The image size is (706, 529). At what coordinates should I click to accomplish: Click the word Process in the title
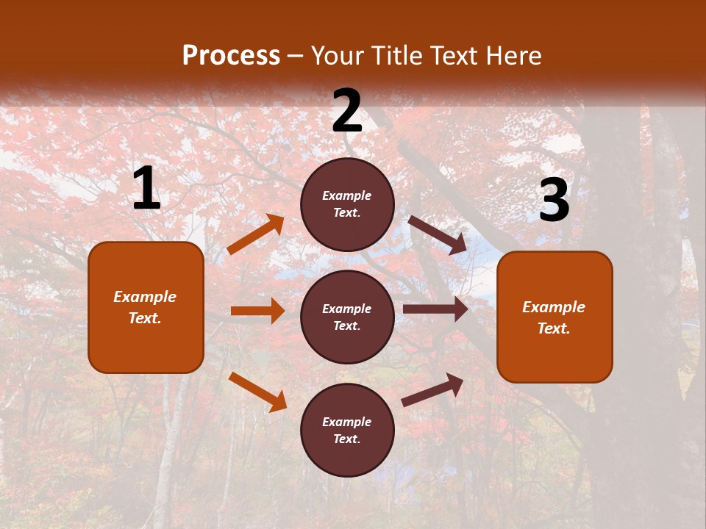(x=231, y=55)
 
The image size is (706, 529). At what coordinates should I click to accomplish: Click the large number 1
(x=146, y=190)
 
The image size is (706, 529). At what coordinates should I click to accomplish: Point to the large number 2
(x=347, y=111)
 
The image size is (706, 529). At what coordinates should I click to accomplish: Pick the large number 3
(x=555, y=201)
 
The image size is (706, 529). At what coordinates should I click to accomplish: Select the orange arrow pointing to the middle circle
(x=257, y=311)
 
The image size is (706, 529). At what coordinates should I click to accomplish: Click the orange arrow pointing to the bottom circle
(x=258, y=392)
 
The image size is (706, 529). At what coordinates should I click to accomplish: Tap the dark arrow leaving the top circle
(x=438, y=235)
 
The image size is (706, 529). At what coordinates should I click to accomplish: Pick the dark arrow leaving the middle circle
(x=435, y=309)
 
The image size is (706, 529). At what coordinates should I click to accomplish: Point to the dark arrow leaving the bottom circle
(x=432, y=390)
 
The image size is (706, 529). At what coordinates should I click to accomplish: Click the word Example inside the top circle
(x=347, y=195)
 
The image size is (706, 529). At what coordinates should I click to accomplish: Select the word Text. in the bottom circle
(x=347, y=439)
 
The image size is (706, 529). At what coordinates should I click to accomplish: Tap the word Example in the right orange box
(x=554, y=307)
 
